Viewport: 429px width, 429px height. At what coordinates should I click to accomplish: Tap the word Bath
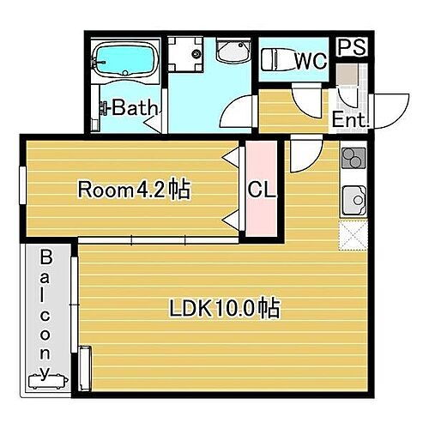tap(136, 109)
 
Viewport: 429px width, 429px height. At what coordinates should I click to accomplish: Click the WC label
tap(310, 61)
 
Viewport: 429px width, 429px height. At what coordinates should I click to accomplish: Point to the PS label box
tap(350, 48)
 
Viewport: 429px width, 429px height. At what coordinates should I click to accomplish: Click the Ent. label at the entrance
tap(349, 119)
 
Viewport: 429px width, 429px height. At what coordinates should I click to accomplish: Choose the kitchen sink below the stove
tap(353, 201)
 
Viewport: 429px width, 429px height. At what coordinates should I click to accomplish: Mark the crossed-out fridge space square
tap(353, 234)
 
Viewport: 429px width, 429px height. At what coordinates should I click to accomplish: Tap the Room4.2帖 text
tap(133, 190)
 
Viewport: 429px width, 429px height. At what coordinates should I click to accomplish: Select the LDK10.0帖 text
tap(227, 308)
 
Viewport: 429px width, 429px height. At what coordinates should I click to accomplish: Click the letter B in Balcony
tap(45, 257)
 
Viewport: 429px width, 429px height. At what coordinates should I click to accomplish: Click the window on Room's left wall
tap(22, 184)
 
